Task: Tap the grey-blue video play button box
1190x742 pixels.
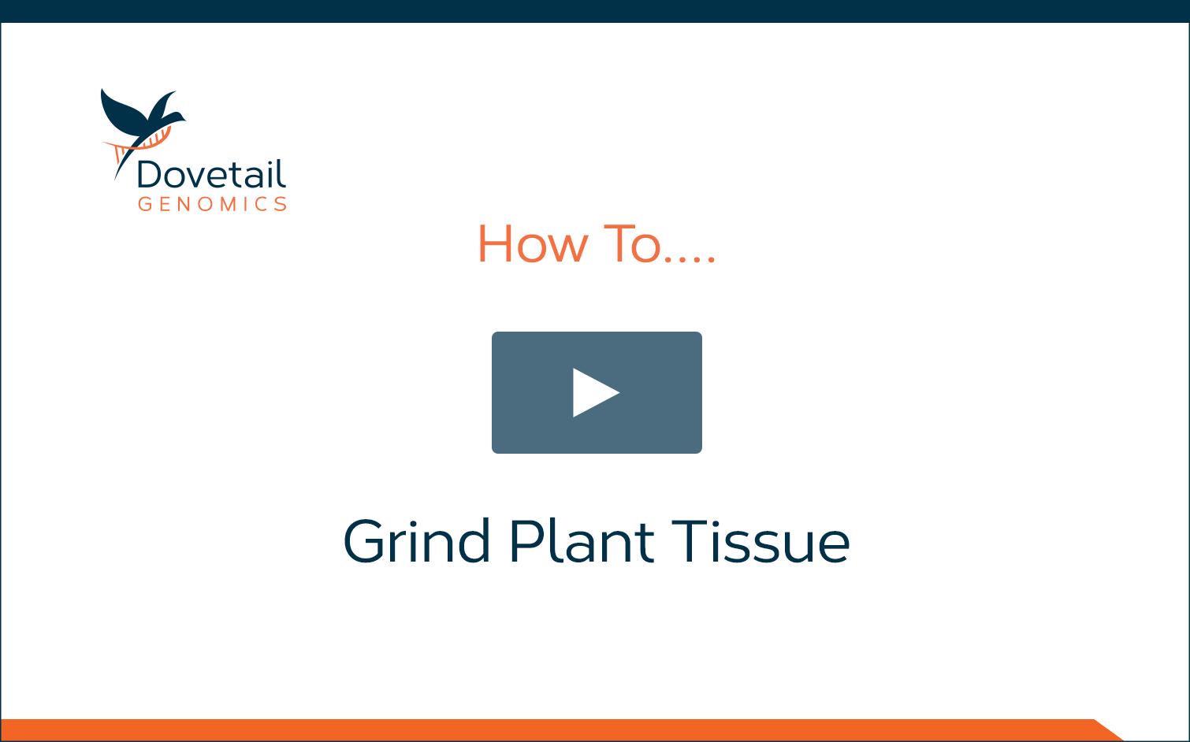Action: coord(597,392)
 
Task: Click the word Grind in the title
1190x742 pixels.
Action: coord(417,540)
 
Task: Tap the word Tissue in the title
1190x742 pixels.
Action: coord(760,540)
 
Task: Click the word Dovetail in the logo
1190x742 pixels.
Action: coord(211,174)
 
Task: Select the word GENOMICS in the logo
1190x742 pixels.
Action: coord(213,204)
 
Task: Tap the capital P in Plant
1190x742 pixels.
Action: coord(526,540)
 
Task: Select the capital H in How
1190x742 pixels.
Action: coord(496,244)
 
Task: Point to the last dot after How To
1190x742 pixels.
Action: coord(712,260)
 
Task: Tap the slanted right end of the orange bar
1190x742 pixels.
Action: coord(1110,730)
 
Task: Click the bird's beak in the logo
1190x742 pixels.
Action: coord(184,120)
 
